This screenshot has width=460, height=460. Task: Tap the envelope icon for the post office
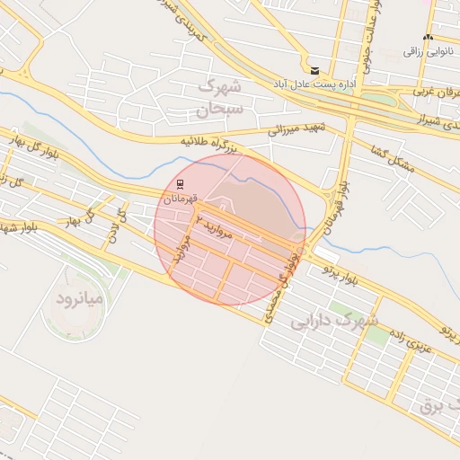coord(314,70)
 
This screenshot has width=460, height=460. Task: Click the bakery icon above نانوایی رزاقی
coord(428,38)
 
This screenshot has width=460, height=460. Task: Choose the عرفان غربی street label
coord(437,93)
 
